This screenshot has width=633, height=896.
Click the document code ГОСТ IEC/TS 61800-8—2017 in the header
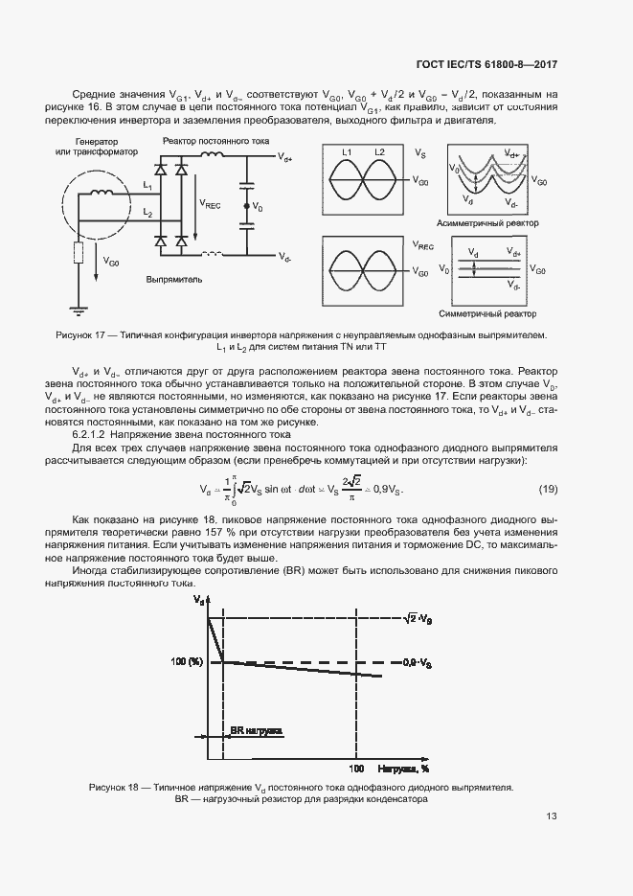point(486,64)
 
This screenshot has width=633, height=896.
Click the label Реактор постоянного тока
point(215,141)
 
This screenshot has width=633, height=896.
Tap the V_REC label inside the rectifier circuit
point(209,203)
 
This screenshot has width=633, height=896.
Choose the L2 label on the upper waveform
point(380,153)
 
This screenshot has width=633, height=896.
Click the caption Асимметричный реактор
point(487,223)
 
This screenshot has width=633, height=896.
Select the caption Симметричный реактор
point(487,314)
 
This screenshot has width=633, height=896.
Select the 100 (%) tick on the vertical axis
point(188,662)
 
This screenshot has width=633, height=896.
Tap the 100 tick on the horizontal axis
point(355,769)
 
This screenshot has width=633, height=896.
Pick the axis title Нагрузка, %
point(401,769)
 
